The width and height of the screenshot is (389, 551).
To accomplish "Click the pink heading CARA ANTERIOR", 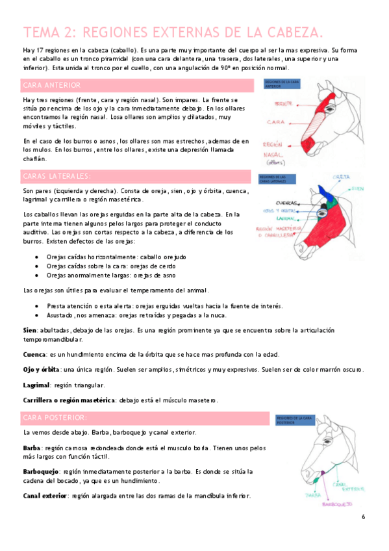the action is (51, 85).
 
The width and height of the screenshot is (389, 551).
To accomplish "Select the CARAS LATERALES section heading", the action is (56, 176).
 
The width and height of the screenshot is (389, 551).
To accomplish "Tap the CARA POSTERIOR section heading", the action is (55, 416).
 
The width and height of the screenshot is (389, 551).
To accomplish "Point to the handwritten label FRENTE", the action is (283, 103).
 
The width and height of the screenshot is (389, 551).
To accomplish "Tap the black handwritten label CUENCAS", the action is (288, 202).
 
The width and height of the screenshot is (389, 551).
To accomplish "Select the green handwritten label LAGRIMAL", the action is (281, 218).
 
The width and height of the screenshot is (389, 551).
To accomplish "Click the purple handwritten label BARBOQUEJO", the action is (339, 504).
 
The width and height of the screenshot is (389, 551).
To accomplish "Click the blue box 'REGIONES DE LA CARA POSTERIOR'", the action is (295, 420).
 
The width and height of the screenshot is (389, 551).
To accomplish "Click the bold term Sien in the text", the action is (29, 330).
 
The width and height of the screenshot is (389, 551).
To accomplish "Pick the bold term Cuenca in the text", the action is (34, 354).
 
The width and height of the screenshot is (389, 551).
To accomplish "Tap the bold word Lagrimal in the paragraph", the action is (36, 384).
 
